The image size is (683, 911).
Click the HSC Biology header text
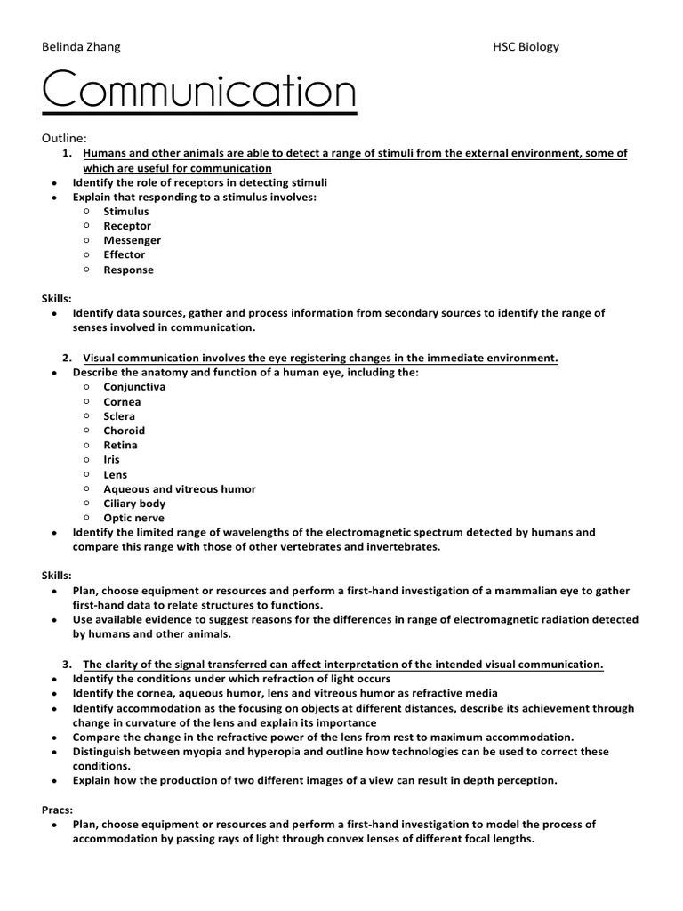click(x=526, y=47)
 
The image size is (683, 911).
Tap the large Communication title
click(x=198, y=93)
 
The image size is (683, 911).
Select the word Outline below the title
click(x=64, y=139)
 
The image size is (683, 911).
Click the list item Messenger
click(x=133, y=240)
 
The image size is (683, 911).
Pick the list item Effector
click(x=125, y=254)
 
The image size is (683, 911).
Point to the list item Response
click(x=128, y=270)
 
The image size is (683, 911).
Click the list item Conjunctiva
click(x=134, y=387)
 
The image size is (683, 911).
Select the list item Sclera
click(x=119, y=415)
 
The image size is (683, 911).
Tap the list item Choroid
click(x=124, y=431)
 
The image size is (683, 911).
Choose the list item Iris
click(x=111, y=460)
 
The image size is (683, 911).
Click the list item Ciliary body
click(x=134, y=504)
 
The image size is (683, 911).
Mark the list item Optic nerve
click(x=133, y=518)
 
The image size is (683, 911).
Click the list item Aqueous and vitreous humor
click(x=179, y=488)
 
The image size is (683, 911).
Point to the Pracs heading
click(x=58, y=810)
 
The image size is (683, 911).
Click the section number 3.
click(x=67, y=664)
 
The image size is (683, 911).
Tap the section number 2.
click(x=67, y=358)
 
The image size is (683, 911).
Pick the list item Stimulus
click(x=126, y=212)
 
